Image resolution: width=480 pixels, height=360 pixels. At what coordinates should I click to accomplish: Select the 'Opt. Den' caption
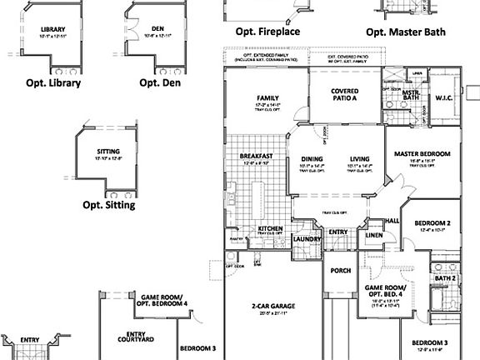tap(155, 82)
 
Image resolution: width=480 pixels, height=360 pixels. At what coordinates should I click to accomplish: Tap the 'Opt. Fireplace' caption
tap(267, 32)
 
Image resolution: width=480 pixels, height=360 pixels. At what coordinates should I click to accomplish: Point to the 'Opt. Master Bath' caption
tap(405, 32)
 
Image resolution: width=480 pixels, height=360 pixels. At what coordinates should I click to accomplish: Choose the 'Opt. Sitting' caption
tap(108, 205)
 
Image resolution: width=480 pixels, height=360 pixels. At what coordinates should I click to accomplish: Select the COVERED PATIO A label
tap(343, 95)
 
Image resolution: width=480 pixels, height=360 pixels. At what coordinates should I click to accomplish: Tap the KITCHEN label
tap(271, 227)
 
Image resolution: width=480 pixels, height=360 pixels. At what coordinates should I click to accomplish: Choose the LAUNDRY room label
tap(307, 240)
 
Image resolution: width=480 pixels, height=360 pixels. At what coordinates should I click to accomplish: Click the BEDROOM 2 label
tap(432, 223)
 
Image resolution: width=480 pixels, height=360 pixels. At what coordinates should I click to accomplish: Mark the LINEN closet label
tap(373, 236)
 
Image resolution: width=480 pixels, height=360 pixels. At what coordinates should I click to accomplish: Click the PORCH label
tap(341, 271)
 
